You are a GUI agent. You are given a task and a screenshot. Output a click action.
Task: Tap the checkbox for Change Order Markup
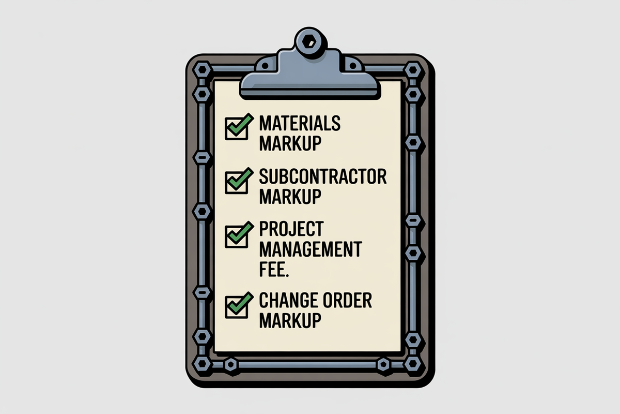236,306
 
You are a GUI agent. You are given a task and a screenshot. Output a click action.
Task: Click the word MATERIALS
300,124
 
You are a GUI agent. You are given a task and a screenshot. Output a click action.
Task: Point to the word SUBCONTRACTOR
322,177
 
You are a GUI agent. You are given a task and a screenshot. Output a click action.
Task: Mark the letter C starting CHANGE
263,301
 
